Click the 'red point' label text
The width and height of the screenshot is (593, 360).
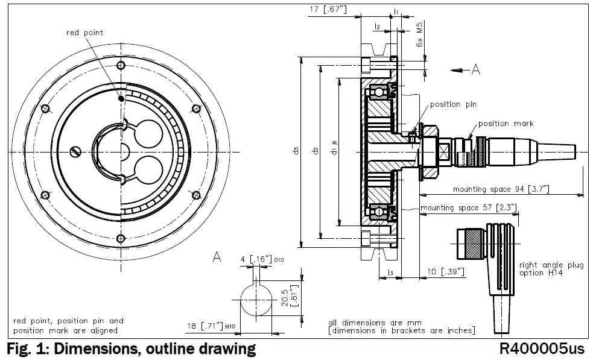(84, 33)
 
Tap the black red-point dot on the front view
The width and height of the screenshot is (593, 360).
(122, 98)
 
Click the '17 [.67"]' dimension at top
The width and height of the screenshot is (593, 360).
(328, 9)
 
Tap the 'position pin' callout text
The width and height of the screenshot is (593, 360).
(453, 104)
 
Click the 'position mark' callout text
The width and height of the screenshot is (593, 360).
(506, 124)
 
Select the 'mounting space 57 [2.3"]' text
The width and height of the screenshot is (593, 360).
(458, 208)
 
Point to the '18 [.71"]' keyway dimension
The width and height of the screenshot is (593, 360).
(203, 326)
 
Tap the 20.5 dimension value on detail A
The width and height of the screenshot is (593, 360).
(284, 296)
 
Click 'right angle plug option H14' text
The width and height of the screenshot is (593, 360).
(551, 269)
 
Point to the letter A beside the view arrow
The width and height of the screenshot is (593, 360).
(475, 71)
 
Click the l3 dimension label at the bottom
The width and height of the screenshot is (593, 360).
(390, 274)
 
